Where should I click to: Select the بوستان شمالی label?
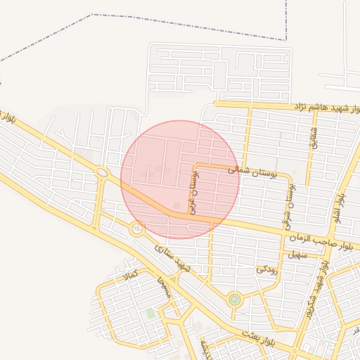click(253, 170)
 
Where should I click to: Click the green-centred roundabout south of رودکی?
click(234, 300)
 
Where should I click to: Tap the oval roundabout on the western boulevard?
click(103, 172)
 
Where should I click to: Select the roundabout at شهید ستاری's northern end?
click(136, 228)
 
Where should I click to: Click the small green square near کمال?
click(150, 313)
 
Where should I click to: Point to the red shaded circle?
click(180, 179)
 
